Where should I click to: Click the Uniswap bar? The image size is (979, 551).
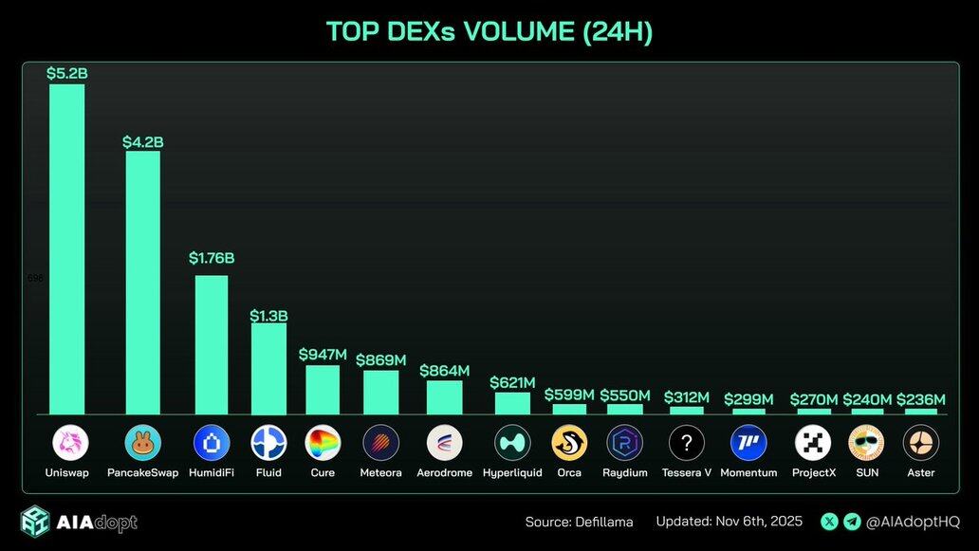tap(66, 248)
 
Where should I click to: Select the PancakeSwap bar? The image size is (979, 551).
tap(143, 282)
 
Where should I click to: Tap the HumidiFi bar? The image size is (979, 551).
tap(211, 344)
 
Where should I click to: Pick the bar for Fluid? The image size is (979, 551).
tap(268, 368)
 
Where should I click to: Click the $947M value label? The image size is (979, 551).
tap(323, 355)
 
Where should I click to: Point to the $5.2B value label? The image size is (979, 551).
tap(66, 73)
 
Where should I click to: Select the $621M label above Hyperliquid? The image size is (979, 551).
tap(512, 382)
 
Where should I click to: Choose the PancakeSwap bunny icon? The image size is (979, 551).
tap(143, 442)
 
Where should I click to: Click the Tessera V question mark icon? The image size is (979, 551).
tap(687, 442)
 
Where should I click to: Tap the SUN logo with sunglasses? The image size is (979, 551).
tap(866, 442)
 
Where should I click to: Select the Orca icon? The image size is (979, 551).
tap(569, 442)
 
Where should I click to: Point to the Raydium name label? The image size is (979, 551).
tap(625, 472)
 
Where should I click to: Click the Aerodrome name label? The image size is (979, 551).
tap(444, 472)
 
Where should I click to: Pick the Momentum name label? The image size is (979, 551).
tap(748, 472)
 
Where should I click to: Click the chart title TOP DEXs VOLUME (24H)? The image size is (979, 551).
tap(489, 31)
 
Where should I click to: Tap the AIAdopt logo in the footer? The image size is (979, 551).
tap(80, 522)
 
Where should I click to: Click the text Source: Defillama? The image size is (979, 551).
tap(579, 522)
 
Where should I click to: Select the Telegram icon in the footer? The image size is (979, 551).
tap(852, 522)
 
